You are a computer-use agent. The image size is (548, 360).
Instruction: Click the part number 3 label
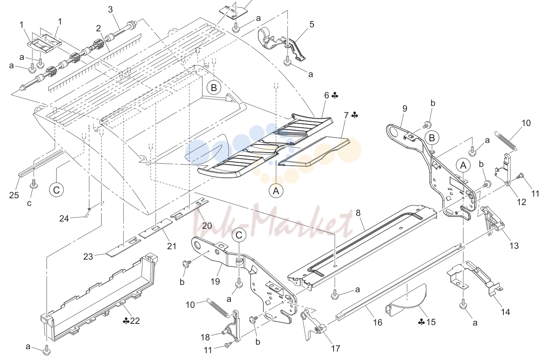click(110, 10)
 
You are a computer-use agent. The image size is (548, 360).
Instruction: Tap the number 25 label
click(14, 195)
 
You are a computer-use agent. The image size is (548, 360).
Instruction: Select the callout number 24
click(64, 218)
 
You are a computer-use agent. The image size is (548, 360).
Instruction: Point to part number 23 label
click(88, 256)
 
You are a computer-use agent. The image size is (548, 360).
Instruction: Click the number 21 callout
click(171, 246)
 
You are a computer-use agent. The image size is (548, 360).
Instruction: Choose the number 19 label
click(215, 281)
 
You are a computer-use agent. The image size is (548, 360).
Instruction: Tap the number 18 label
click(205, 337)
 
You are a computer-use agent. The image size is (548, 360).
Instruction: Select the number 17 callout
click(336, 348)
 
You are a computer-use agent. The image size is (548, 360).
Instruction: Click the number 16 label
click(377, 322)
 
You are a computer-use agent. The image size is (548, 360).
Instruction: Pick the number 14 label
click(505, 312)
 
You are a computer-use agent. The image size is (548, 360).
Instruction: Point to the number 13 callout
click(514, 245)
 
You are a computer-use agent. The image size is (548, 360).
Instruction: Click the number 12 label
click(522, 202)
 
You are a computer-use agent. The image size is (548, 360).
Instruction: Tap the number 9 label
click(405, 108)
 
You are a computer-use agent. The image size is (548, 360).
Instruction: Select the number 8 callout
click(358, 213)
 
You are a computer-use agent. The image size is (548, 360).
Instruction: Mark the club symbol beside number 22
click(126, 321)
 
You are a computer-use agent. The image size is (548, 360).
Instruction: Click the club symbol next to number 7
click(355, 115)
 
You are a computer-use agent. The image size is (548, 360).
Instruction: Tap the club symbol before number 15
click(422, 322)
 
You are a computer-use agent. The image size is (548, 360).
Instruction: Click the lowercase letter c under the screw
click(29, 203)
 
